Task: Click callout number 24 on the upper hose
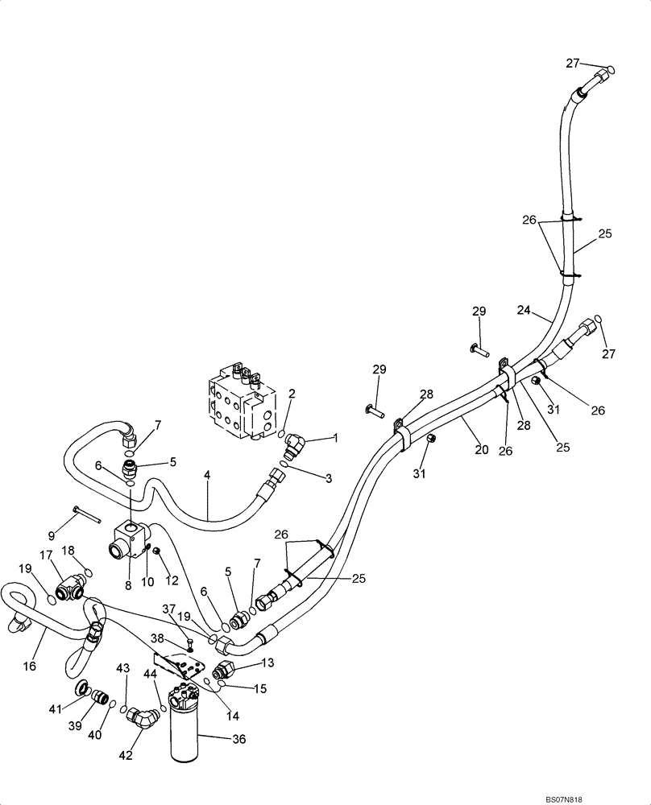(524, 309)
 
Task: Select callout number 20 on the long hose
(482, 450)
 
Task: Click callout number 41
(55, 709)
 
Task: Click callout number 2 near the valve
(292, 394)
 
